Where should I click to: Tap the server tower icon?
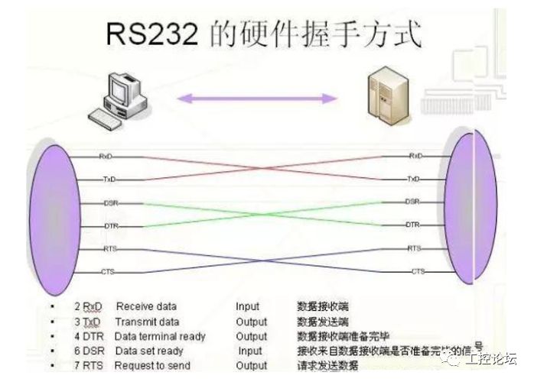click(384, 94)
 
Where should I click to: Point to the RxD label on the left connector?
click(106, 155)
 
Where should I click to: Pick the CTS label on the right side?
click(418, 271)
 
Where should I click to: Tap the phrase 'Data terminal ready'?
click(160, 336)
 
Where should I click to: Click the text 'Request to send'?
click(152, 366)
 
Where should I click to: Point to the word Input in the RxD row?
click(248, 307)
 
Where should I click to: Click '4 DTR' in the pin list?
click(87, 336)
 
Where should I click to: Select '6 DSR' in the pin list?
click(87, 351)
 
